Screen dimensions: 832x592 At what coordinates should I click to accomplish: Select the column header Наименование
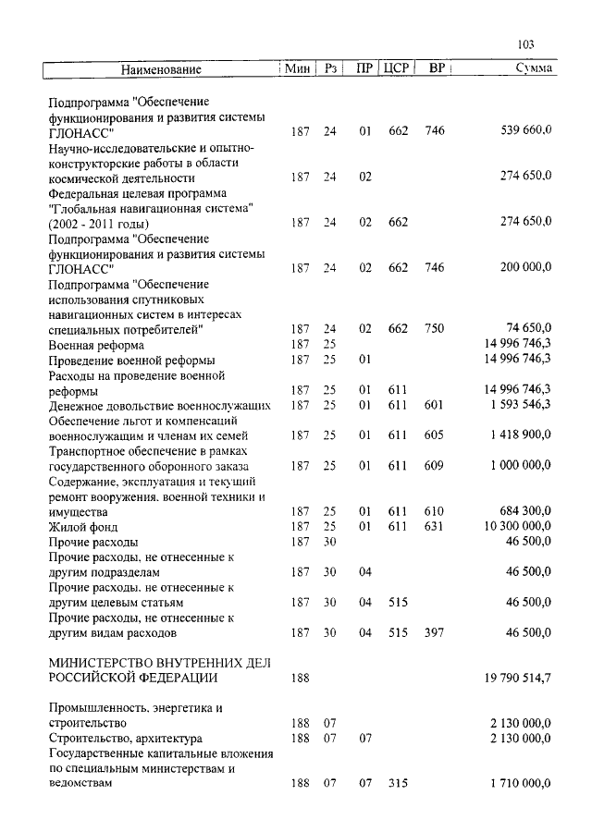160,69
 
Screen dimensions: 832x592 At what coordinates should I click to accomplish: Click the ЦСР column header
396,69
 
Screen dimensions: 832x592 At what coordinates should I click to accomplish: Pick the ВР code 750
434,328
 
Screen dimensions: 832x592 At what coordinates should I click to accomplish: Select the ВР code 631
434,526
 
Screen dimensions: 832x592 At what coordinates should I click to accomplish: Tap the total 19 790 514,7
515,678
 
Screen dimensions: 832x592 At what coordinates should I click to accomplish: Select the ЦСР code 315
398,784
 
